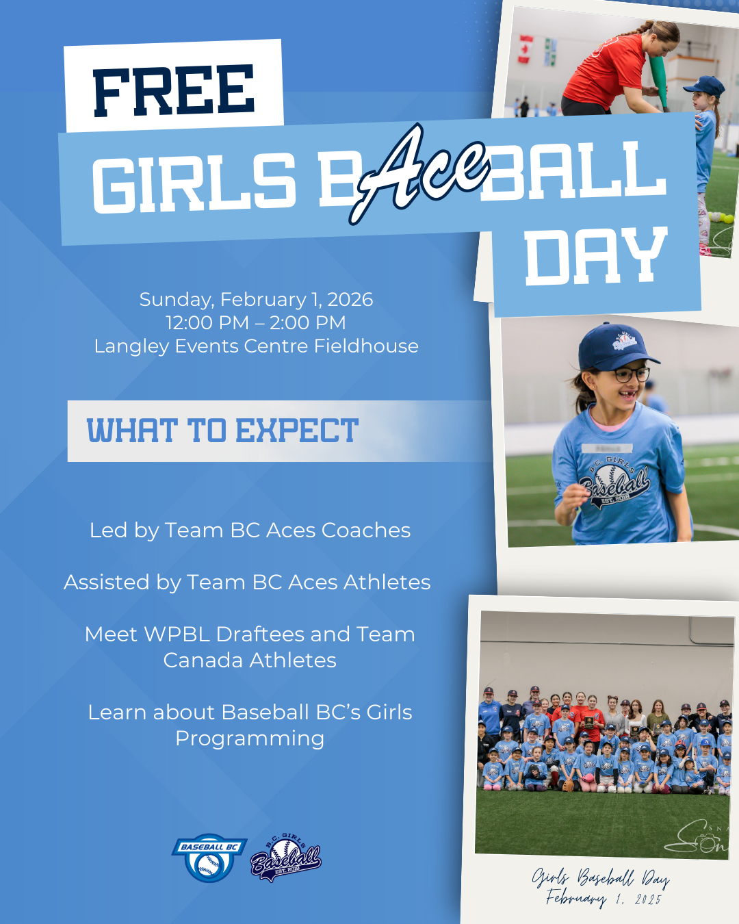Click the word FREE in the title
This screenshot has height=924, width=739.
(x=174, y=90)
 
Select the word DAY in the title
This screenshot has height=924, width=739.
(x=596, y=257)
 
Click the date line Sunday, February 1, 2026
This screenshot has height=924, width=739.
(x=256, y=300)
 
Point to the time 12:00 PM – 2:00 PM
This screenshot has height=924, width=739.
(x=256, y=323)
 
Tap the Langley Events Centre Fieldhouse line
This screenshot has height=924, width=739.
(x=257, y=346)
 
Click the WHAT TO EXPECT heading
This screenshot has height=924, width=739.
(x=222, y=431)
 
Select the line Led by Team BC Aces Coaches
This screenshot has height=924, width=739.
(x=250, y=530)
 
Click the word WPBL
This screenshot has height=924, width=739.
(x=177, y=634)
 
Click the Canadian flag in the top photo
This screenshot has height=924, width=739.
(x=525, y=49)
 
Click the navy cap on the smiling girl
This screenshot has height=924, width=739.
(x=617, y=348)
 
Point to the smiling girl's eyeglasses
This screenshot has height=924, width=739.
(x=631, y=374)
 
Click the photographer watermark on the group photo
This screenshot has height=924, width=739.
(x=697, y=836)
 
